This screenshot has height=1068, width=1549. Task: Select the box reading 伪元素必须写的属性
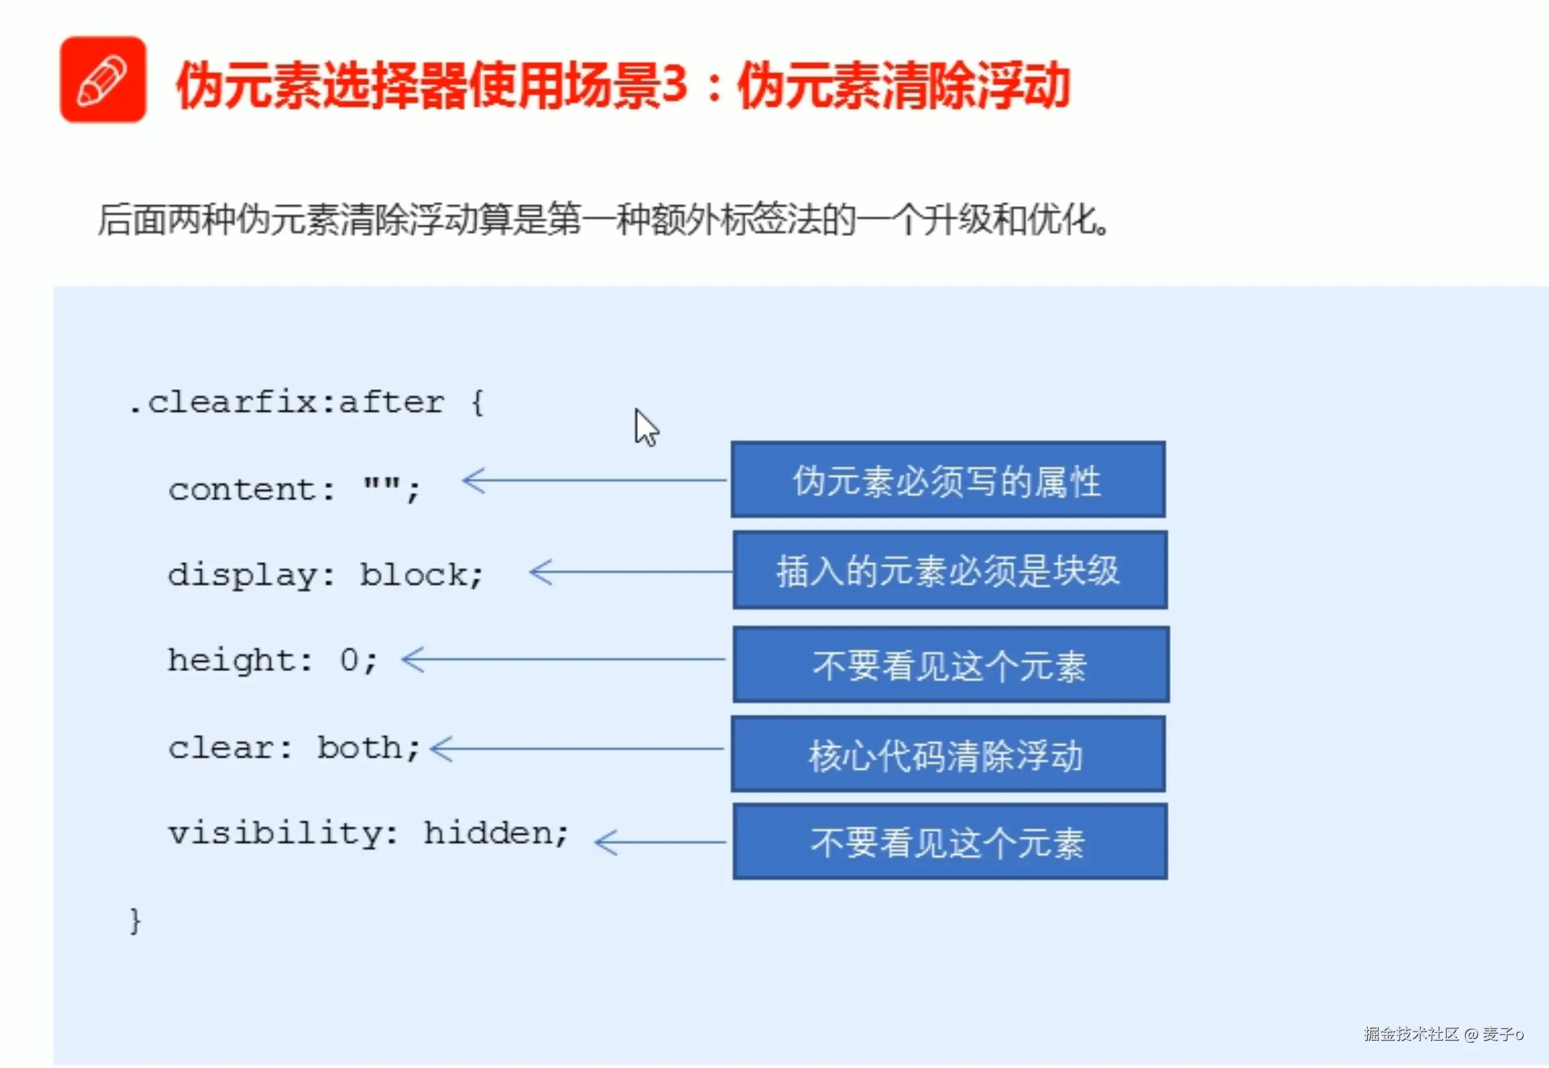click(x=947, y=480)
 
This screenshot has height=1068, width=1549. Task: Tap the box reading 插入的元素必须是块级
click(x=949, y=570)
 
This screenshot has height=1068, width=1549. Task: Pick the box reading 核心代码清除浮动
click(x=947, y=754)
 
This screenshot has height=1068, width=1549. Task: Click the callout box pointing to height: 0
click(x=950, y=665)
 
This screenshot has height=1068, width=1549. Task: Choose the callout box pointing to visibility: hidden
click(x=949, y=842)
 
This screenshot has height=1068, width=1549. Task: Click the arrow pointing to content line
click(x=594, y=480)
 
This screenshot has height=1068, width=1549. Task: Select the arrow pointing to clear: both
click(x=575, y=748)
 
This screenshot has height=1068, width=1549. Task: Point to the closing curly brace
click(x=135, y=921)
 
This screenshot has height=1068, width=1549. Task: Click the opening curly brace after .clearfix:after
click(x=477, y=403)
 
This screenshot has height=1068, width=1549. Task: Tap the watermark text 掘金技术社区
click(x=1411, y=1034)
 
